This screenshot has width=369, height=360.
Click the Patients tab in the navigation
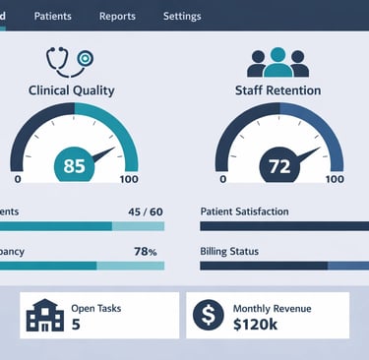coord(52,17)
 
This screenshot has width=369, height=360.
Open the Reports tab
coord(118,17)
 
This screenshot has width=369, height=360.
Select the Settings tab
coord(182,17)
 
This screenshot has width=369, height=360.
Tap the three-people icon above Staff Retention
coord(277,62)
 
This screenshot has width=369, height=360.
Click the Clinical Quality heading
coord(73,90)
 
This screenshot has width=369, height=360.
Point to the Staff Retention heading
coord(279,90)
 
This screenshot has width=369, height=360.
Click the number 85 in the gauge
coord(75,166)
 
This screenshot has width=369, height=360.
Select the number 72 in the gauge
coord(279,166)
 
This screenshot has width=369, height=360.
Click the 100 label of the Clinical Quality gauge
coord(128,180)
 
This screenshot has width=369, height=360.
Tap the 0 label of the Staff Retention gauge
coord(223,180)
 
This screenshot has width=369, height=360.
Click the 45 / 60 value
coord(146,211)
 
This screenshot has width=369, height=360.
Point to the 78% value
coord(146,252)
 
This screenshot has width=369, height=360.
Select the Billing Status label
coord(229,252)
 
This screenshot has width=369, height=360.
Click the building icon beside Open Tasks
coord(44,316)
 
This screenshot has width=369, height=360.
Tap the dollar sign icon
coord(209,316)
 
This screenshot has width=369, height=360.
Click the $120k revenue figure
coord(255,325)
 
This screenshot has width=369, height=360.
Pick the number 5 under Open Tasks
coord(76,325)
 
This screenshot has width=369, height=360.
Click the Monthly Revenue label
coord(271,308)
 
